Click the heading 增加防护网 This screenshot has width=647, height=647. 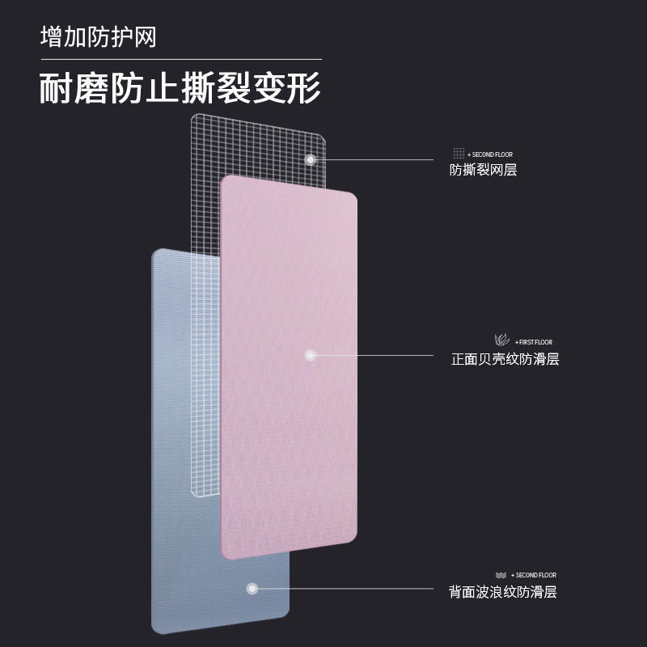(98, 37)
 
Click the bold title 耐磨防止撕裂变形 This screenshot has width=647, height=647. (180, 87)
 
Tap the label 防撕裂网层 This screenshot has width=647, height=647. (483, 170)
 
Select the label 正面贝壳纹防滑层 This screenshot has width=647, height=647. (505, 359)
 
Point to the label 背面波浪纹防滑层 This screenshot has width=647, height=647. (503, 592)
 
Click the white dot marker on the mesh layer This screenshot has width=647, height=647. (311, 159)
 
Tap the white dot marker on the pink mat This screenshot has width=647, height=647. (309, 354)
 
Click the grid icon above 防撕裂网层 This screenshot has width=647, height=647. (458, 154)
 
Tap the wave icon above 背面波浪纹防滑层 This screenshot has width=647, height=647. (500, 575)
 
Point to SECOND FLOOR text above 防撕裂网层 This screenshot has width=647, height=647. (491, 154)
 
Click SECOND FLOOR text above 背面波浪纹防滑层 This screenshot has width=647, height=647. (533, 575)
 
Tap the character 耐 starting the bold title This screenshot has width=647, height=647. (54, 87)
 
